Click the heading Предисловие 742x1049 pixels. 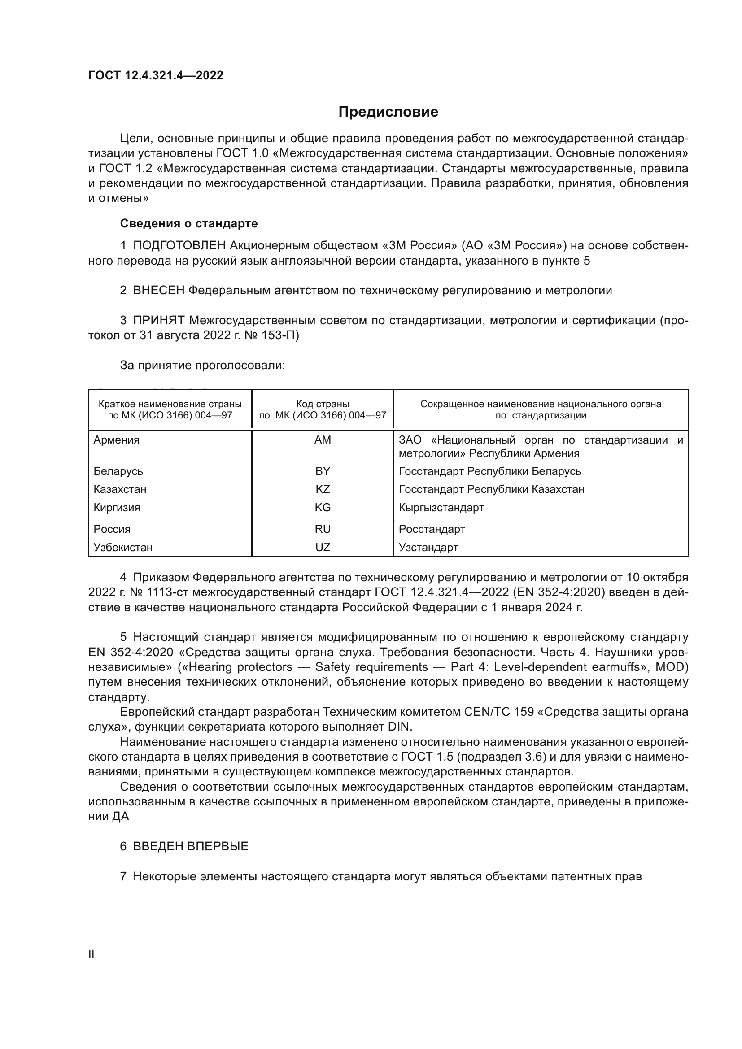(x=388, y=112)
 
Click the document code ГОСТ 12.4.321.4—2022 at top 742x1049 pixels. (x=156, y=75)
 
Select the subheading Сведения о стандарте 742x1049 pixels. (x=189, y=223)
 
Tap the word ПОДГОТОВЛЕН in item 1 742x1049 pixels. (x=179, y=246)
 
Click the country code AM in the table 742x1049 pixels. (x=323, y=440)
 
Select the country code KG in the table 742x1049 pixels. (x=323, y=508)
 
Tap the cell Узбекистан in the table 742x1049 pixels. (x=123, y=547)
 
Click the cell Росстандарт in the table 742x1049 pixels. (x=432, y=529)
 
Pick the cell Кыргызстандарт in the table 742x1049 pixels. (x=441, y=508)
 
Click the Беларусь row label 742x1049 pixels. (x=118, y=471)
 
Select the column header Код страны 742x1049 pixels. (x=323, y=404)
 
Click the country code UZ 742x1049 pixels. (x=323, y=547)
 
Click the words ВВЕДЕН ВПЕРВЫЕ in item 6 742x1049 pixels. (x=191, y=847)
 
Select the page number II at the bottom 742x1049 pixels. (x=92, y=954)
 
